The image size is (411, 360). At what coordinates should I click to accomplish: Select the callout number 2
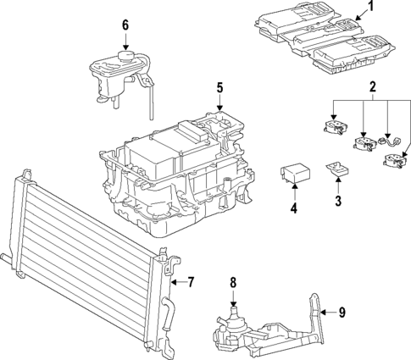372,87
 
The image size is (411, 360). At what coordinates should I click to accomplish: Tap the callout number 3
337,200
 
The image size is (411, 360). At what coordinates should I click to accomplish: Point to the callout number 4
294,208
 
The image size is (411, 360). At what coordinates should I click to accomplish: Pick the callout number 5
219,87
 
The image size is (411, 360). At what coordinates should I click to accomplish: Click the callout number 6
125,25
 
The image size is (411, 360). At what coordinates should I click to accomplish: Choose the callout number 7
191,281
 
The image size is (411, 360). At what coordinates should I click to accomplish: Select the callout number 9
342,312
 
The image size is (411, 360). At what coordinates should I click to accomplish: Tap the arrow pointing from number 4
294,191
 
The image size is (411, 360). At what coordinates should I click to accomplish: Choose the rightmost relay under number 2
394,160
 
